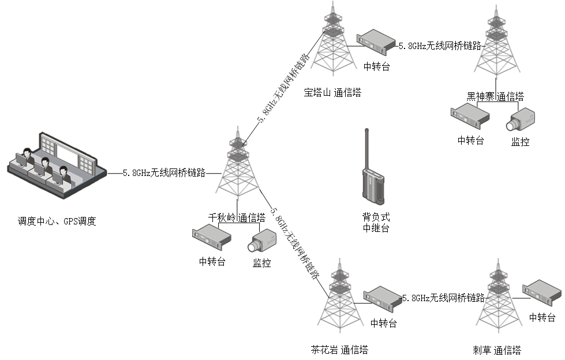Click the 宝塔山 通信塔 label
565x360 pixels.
click(x=332, y=92)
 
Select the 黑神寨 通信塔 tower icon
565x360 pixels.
click(x=494, y=46)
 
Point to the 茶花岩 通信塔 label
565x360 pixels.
click(x=339, y=350)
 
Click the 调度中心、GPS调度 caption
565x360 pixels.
click(x=57, y=220)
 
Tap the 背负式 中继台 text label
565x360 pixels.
click(x=376, y=223)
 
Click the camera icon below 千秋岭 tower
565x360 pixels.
click(x=263, y=242)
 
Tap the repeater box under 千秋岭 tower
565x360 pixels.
click(x=211, y=237)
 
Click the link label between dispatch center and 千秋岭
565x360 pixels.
click(x=164, y=172)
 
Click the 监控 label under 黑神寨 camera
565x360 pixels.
click(x=520, y=141)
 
